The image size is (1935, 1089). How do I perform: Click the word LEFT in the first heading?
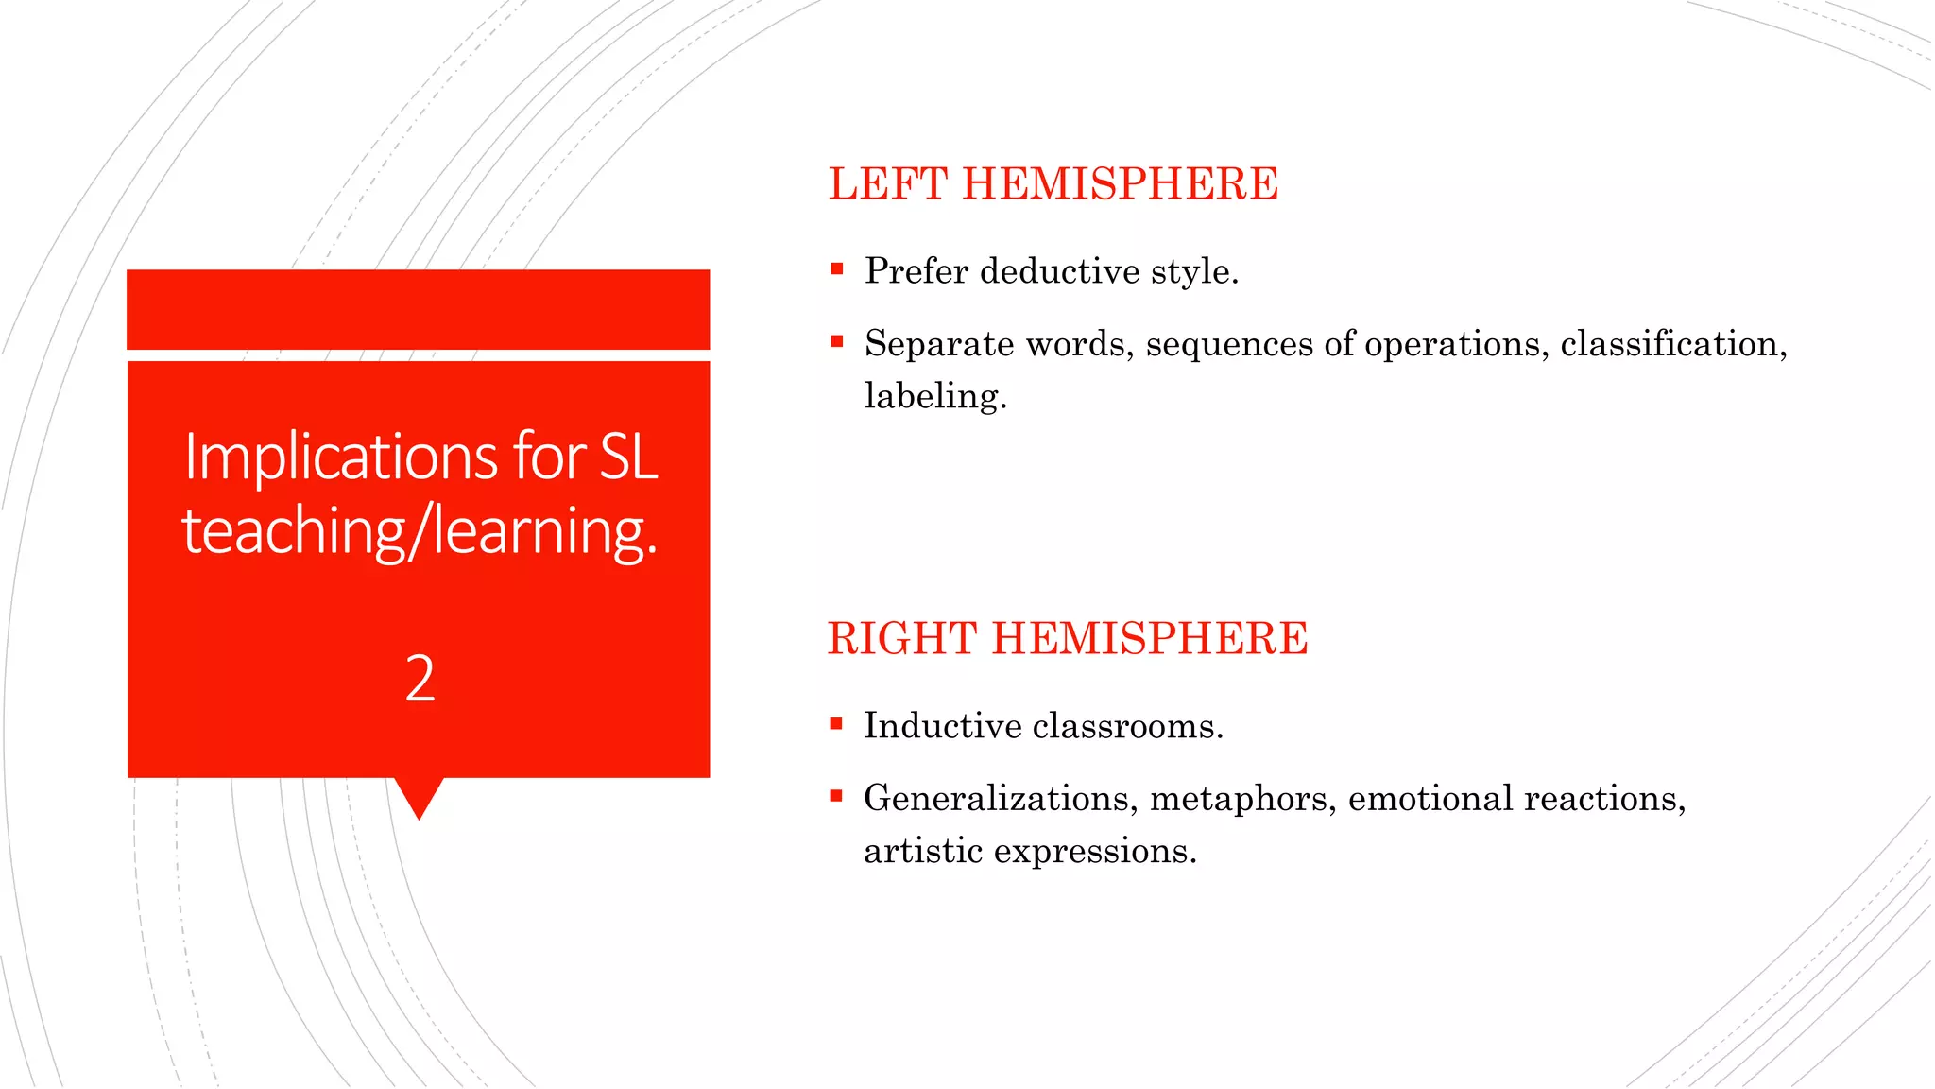pos(887,183)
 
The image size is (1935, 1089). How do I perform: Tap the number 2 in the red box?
pos(420,678)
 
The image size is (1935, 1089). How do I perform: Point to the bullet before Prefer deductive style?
pos(836,269)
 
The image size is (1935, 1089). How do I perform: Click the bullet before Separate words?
pos(836,341)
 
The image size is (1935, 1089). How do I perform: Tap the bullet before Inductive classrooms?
pos(836,724)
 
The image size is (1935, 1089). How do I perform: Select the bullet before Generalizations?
pos(836,796)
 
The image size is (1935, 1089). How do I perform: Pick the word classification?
pos(1673,344)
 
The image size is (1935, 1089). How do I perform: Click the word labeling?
pos(935,396)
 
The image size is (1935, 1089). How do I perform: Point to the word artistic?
pos(923,851)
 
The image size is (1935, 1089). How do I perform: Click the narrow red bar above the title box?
pos(419,309)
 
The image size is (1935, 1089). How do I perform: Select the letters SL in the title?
pos(628,457)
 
